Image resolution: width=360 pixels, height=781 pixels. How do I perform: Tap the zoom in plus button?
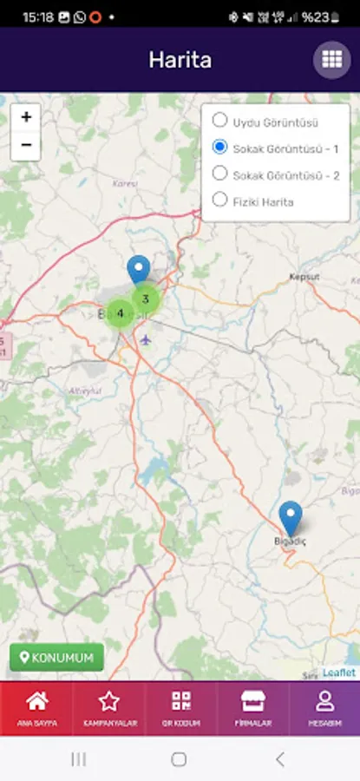click(x=26, y=117)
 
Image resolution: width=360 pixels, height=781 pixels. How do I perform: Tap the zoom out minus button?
click(x=26, y=144)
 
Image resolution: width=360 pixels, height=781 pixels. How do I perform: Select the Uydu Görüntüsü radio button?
click(x=220, y=121)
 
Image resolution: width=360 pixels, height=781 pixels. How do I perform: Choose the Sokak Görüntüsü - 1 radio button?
click(x=220, y=148)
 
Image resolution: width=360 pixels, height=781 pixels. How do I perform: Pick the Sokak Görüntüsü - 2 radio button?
click(x=220, y=174)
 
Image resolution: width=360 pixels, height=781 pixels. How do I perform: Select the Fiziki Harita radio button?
click(x=220, y=200)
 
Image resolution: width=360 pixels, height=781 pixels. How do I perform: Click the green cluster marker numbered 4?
click(x=121, y=312)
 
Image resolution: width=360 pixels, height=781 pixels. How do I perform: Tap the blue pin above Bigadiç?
click(x=291, y=517)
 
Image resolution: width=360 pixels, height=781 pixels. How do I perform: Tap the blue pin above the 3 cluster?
click(x=138, y=269)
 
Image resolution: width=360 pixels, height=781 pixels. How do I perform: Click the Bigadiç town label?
click(x=291, y=541)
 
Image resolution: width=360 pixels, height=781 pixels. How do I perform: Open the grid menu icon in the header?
click(x=331, y=60)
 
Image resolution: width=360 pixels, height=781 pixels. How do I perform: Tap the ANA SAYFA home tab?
click(x=36, y=708)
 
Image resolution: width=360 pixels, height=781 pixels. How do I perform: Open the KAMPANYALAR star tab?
click(x=108, y=708)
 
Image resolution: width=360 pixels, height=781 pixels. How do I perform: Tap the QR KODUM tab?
click(x=180, y=708)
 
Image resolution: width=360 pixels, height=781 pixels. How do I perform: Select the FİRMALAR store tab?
click(x=252, y=708)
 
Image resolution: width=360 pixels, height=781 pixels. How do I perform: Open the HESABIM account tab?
click(x=324, y=708)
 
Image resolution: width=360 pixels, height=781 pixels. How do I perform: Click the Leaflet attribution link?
click(x=339, y=673)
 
